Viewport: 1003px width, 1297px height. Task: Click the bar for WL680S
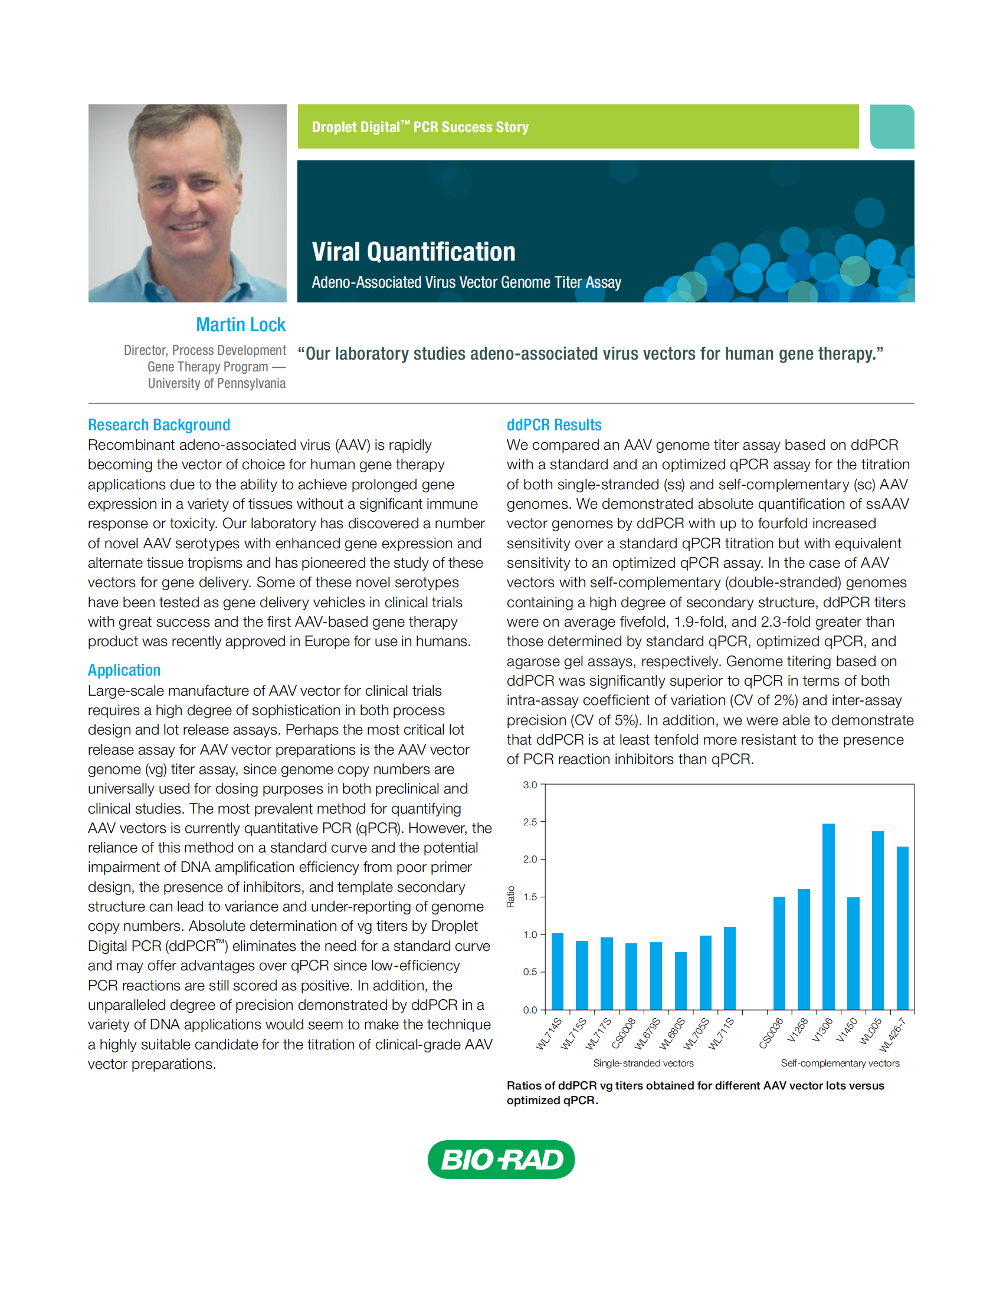680,980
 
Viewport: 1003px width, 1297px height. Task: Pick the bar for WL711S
730,968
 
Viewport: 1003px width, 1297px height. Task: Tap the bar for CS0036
779,953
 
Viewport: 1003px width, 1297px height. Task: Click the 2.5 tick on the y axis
530,822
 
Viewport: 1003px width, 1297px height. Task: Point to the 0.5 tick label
530,972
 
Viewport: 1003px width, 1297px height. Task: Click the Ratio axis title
510,897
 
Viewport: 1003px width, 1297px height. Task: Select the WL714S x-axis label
549,1034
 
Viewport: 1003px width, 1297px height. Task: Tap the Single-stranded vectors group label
643,1063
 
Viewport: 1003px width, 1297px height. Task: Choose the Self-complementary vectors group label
840,1063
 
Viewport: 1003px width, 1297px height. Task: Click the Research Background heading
159,425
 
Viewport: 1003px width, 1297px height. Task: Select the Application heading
124,670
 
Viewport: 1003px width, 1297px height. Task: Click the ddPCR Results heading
554,425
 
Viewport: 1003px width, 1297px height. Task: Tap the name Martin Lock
241,325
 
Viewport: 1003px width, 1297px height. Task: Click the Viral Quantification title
414,252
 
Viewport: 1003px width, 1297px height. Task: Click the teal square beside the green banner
892,127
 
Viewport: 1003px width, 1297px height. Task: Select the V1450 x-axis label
847,1031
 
